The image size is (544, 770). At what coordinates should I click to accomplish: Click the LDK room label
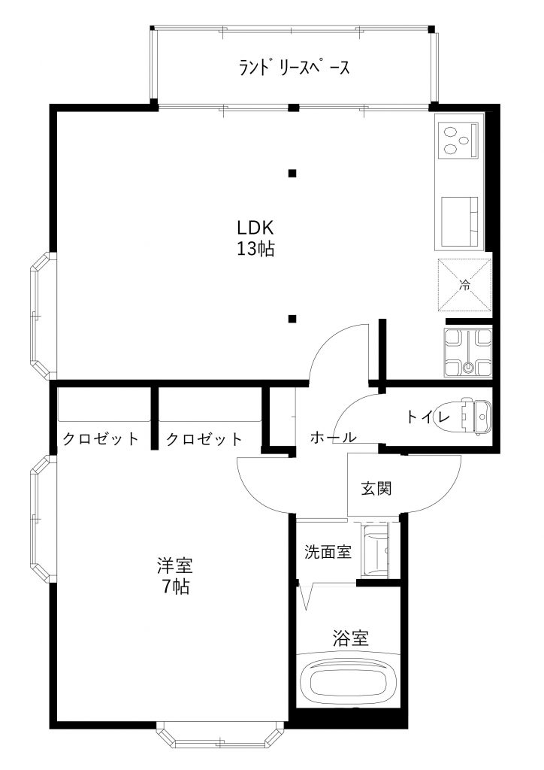coord(255,228)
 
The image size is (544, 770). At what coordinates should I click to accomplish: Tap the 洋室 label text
coord(174,565)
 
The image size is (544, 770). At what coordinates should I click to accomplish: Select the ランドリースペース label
coord(295,67)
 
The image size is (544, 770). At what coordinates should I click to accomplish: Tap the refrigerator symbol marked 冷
coord(464,284)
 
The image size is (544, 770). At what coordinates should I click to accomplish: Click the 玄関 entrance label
coord(376,489)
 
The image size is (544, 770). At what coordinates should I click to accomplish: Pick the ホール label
coord(333,437)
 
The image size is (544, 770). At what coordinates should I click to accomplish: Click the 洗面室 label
coord(328,552)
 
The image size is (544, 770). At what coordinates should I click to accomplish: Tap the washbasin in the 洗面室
coord(375,550)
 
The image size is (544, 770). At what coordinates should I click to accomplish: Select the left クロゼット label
coord(101,438)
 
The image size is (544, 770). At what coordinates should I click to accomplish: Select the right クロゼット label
coord(204,438)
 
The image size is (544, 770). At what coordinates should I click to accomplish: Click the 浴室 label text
coord(350,638)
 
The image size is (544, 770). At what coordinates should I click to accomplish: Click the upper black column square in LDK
coord(292,173)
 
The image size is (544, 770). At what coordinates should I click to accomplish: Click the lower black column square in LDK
coord(292,319)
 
